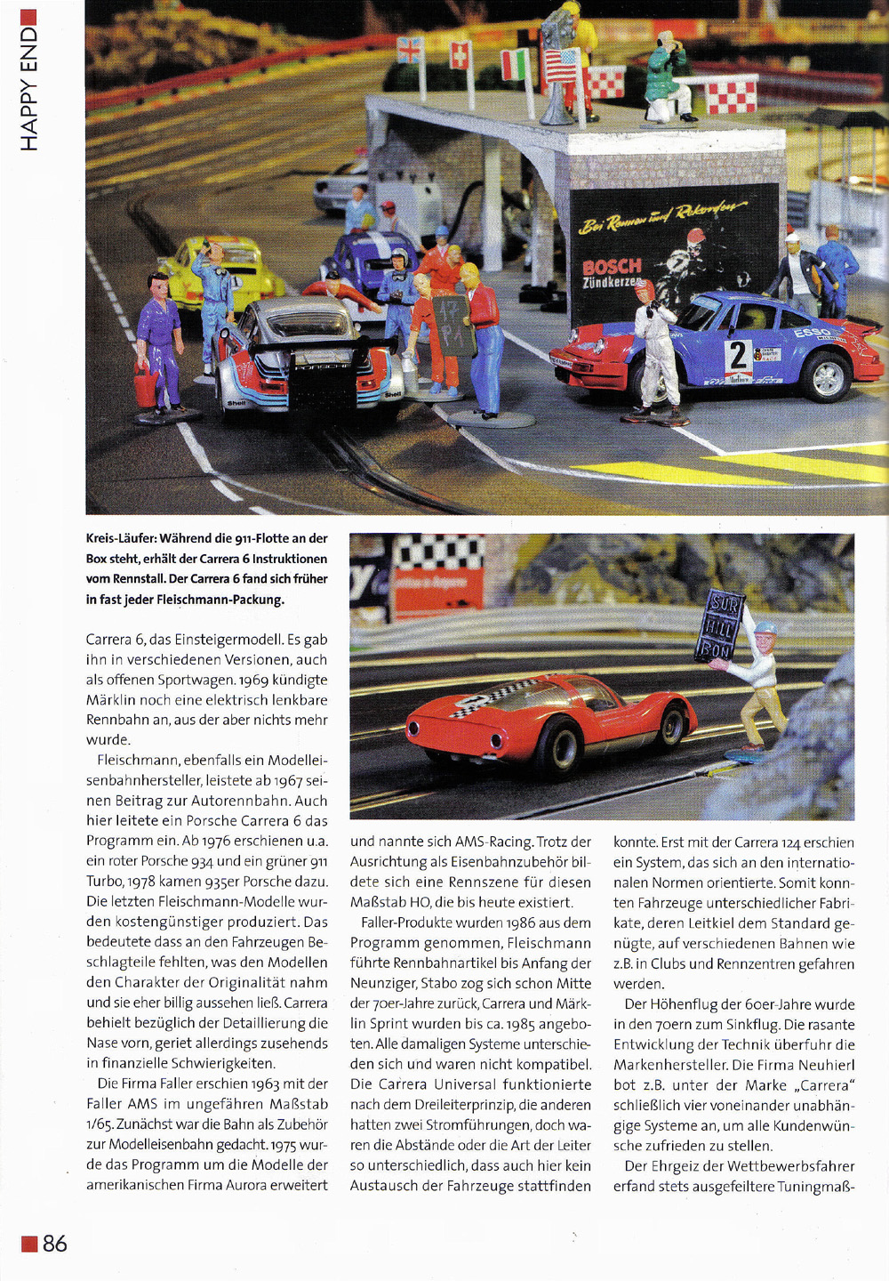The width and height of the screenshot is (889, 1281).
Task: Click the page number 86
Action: tap(54, 1243)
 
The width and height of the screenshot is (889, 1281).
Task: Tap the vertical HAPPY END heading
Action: tap(28, 89)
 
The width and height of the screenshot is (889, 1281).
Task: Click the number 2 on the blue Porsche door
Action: tap(737, 356)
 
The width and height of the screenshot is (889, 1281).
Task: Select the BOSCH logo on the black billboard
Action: tap(612, 266)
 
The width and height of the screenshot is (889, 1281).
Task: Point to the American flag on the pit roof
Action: tap(561, 65)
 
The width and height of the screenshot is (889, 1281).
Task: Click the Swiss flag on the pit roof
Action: tap(461, 55)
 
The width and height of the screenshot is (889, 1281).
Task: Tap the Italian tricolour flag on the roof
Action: tap(515, 64)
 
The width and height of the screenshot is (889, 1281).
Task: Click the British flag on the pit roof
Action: tap(409, 50)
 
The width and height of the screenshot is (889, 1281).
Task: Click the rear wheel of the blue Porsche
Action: tap(828, 375)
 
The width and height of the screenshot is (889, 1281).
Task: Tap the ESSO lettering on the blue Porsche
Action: tap(811, 333)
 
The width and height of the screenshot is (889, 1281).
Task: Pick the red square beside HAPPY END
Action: tap(28, 16)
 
